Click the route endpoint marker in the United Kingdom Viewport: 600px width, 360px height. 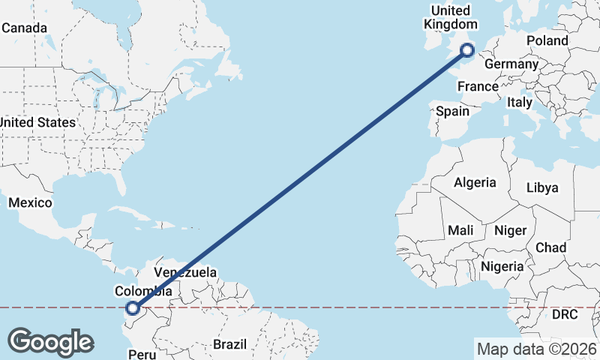pyautogui.click(x=467, y=50)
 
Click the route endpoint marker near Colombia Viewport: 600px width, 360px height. pyautogui.click(x=133, y=307)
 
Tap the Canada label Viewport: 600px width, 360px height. pyautogui.click(x=25, y=28)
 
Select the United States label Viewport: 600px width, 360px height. pyautogui.click(x=37, y=122)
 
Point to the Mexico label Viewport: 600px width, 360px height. pyautogui.click(x=30, y=202)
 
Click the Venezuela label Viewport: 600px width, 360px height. pyautogui.click(x=185, y=272)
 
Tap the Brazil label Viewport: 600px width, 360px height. pyautogui.click(x=229, y=344)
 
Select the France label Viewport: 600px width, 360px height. pyautogui.click(x=478, y=86)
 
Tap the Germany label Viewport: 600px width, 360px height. pyautogui.click(x=511, y=64)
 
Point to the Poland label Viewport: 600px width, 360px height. pyautogui.click(x=547, y=40)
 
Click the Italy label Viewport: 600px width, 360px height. pyautogui.click(x=519, y=101)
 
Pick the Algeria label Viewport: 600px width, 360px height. pyautogui.click(x=475, y=182)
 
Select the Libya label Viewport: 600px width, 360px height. pyautogui.click(x=542, y=187)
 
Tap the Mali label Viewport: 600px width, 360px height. pyautogui.click(x=460, y=231)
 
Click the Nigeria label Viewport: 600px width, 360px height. pyautogui.click(x=502, y=266)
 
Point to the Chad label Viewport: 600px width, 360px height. pyautogui.click(x=550, y=247)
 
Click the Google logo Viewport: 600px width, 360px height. pyautogui.click(x=50, y=342)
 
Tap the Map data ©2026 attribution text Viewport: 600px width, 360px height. pyautogui.click(x=536, y=349)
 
